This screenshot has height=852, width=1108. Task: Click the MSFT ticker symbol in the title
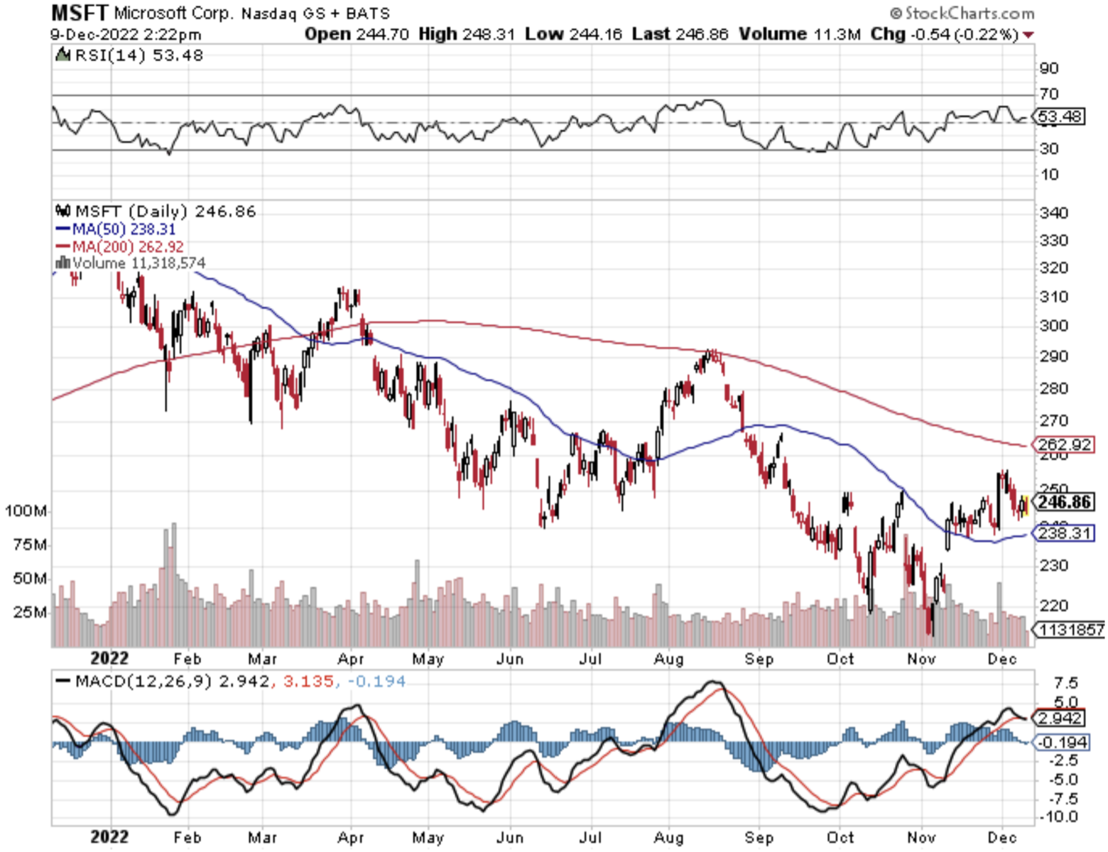tap(80, 12)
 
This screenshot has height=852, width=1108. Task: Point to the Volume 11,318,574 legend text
tap(138, 263)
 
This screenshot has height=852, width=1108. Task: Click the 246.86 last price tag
tap(1063, 503)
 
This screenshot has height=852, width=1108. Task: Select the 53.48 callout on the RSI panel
tap(1060, 116)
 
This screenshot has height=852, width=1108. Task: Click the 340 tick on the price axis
tap(1053, 213)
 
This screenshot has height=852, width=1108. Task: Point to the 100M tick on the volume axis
tap(26, 511)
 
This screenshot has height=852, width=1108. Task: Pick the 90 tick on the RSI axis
tap(1048, 68)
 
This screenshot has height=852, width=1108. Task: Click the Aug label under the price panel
tap(669, 660)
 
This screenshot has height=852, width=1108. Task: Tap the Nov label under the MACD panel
tap(921, 838)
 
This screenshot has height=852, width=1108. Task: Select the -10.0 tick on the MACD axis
tap(1058, 817)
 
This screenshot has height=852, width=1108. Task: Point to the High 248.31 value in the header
tap(467, 34)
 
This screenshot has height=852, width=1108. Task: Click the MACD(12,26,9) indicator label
tap(143, 682)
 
